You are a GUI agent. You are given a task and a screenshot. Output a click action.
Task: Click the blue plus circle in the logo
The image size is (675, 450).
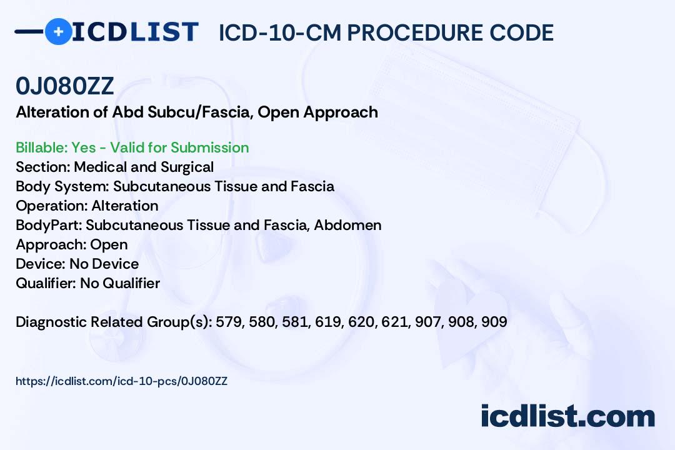point(58,32)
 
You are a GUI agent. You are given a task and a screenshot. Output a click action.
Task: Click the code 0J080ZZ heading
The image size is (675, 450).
point(65,86)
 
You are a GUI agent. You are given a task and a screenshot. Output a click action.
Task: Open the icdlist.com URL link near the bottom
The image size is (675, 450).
point(121,381)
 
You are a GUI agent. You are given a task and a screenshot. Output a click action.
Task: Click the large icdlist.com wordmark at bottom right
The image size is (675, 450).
point(567,416)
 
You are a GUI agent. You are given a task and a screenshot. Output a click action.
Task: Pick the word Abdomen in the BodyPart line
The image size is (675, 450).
point(348,225)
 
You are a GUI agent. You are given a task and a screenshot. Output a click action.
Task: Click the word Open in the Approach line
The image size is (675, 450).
point(109,244)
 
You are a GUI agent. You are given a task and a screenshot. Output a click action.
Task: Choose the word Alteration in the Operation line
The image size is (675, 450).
point(125,206)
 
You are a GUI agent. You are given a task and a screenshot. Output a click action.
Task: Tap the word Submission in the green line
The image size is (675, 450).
point(209,147)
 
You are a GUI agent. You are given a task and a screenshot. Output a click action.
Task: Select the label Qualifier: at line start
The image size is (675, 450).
point(46,283)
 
